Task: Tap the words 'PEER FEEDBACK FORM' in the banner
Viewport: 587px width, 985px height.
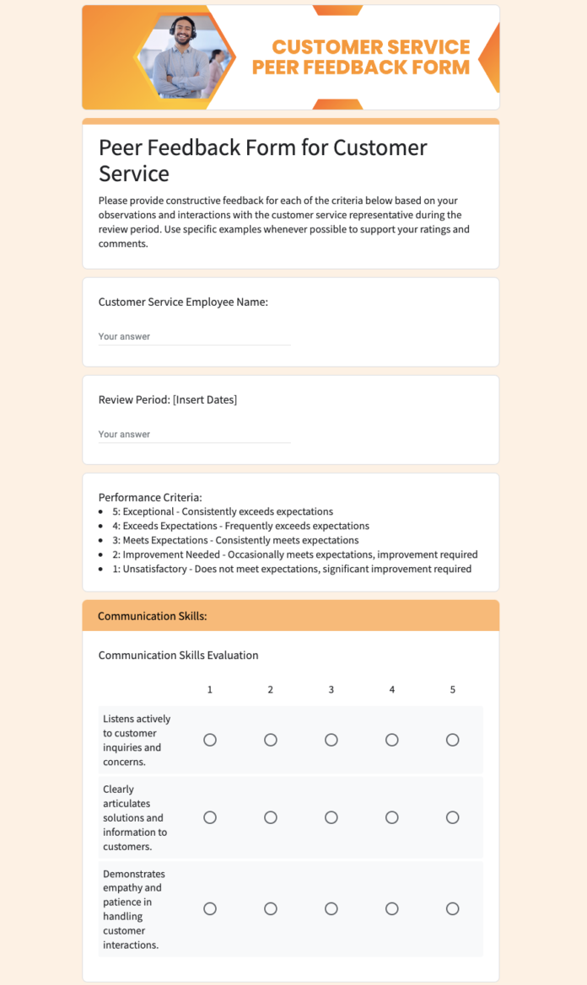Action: coord(361,67)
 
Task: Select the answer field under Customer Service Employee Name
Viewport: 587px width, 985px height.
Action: coord(194,337)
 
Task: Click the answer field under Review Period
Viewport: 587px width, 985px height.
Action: coord(194,435)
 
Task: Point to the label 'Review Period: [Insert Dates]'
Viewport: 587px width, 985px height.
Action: coord(168,399)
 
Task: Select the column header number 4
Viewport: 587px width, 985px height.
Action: coord(392,689)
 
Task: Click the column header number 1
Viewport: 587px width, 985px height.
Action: coord(210,689)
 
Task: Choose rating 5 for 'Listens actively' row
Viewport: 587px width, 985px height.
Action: coord(453,740)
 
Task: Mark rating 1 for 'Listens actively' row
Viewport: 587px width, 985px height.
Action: coord(210,740)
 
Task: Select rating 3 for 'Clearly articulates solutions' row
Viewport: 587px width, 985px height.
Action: coord(331,817)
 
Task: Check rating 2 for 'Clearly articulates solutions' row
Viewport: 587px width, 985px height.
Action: coord(271,817)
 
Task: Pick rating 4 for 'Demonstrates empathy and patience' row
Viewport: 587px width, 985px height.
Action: coord(392,908)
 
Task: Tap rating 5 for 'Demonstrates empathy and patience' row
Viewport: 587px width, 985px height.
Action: coord(453,908)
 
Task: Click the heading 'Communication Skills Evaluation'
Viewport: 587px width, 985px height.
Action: coord(178,655)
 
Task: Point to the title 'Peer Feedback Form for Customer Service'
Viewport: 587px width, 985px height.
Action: coord(263,160)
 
